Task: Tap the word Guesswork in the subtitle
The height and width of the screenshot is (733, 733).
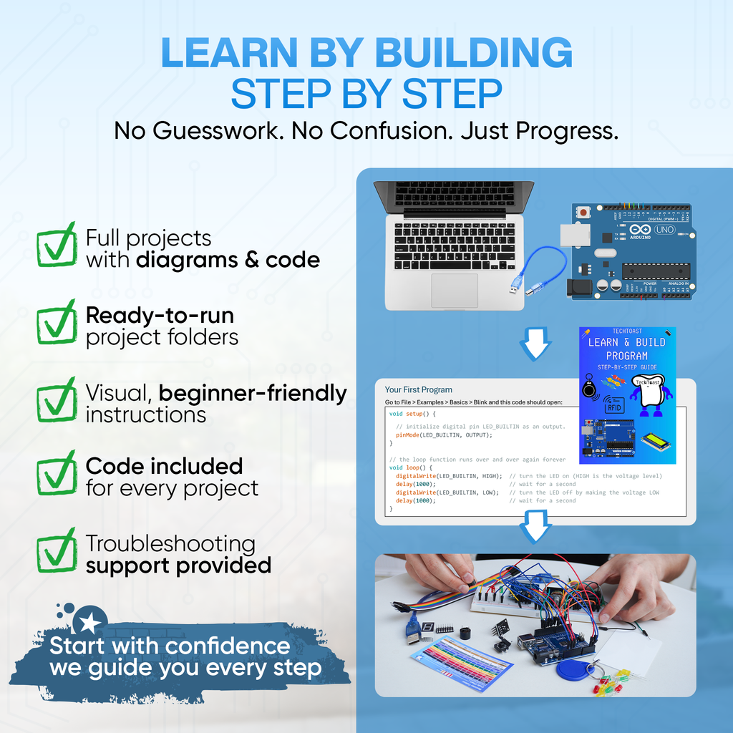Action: [225, 130]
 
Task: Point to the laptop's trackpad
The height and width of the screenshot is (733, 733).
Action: [454, 290]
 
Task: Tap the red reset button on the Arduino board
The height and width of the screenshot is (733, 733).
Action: [584, 212]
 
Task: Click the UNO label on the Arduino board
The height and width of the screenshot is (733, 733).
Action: [665, 230]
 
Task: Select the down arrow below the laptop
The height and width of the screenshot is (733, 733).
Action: [535, 344]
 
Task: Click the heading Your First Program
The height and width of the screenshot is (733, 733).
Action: [419, 390]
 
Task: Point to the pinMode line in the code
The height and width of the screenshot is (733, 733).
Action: [444, 435]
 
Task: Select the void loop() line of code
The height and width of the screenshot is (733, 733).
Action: [412, 467]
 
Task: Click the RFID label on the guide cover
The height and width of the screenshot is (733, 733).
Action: [614, 407]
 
